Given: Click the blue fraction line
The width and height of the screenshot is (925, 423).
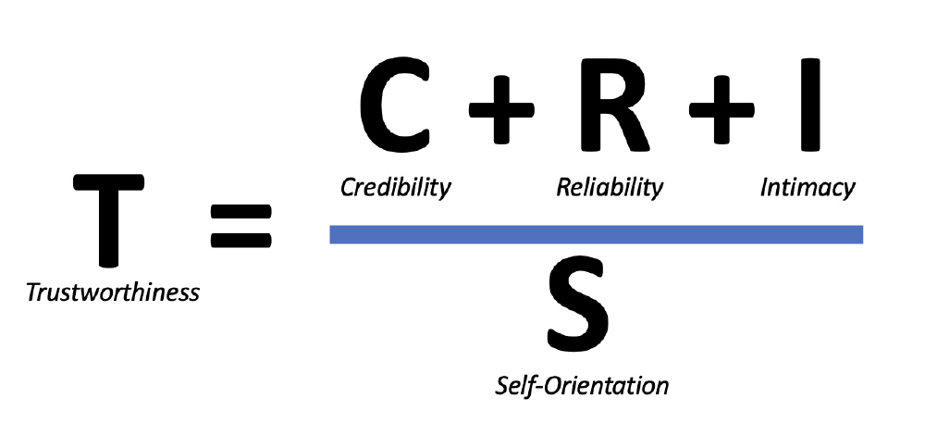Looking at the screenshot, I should pos(597,234).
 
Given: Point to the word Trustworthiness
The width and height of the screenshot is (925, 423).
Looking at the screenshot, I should pos(113,293).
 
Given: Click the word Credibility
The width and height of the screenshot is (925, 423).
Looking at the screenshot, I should pos(396,188).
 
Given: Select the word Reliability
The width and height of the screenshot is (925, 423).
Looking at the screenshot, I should pos(610,188).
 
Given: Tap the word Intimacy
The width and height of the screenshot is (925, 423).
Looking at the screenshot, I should pos(808,188).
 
